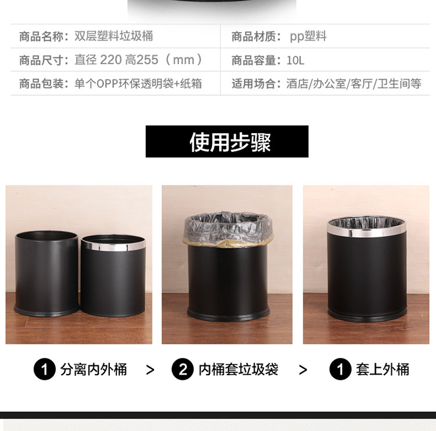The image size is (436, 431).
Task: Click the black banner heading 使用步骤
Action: (227, 141)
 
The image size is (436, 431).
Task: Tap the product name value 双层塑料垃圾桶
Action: (114, 36)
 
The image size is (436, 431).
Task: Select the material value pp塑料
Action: (308, 37)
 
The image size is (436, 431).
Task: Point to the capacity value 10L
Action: (295, 60)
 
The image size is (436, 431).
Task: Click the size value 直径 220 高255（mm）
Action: (139, 60)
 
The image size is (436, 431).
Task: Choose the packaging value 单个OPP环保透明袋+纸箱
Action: (138, 84)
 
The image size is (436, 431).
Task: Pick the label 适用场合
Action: (253, 84)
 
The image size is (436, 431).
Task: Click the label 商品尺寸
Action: (41, 60)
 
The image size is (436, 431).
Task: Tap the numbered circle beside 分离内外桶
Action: (45, 369)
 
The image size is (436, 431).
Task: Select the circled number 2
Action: (183, 369)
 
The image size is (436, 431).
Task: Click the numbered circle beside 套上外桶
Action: (340, 369)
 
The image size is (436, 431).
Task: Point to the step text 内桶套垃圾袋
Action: (238, 369)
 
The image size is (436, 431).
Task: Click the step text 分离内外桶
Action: (94, 369)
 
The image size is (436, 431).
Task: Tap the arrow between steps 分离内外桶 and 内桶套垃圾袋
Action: (150, 370)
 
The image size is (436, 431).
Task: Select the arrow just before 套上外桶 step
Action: (303, 370)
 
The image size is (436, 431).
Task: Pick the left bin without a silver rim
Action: (47, 273)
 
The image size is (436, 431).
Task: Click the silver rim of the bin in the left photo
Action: (113, 245)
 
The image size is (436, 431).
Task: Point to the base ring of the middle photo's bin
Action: (228, 314)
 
